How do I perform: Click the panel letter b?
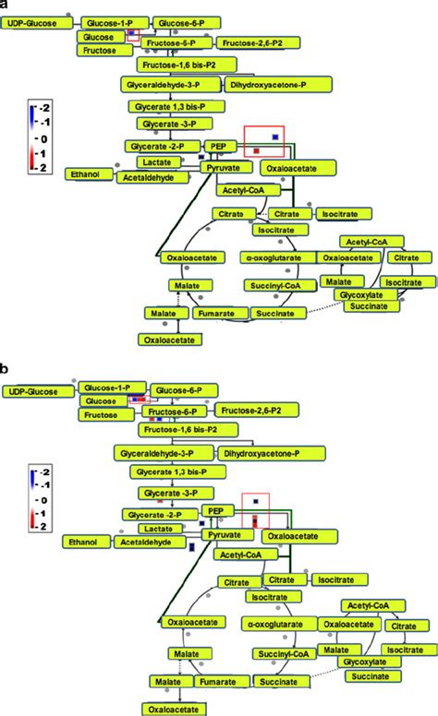[x=6, y=368]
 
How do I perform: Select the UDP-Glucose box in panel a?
[x=37, y=20]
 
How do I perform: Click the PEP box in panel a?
[x=218, y=146]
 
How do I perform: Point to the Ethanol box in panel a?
[x=87, y=173]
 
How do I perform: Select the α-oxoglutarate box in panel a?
[x=273, y=257]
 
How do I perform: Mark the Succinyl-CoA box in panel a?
[x=274, y=286]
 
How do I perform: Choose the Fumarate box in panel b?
[x=218, y=684]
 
